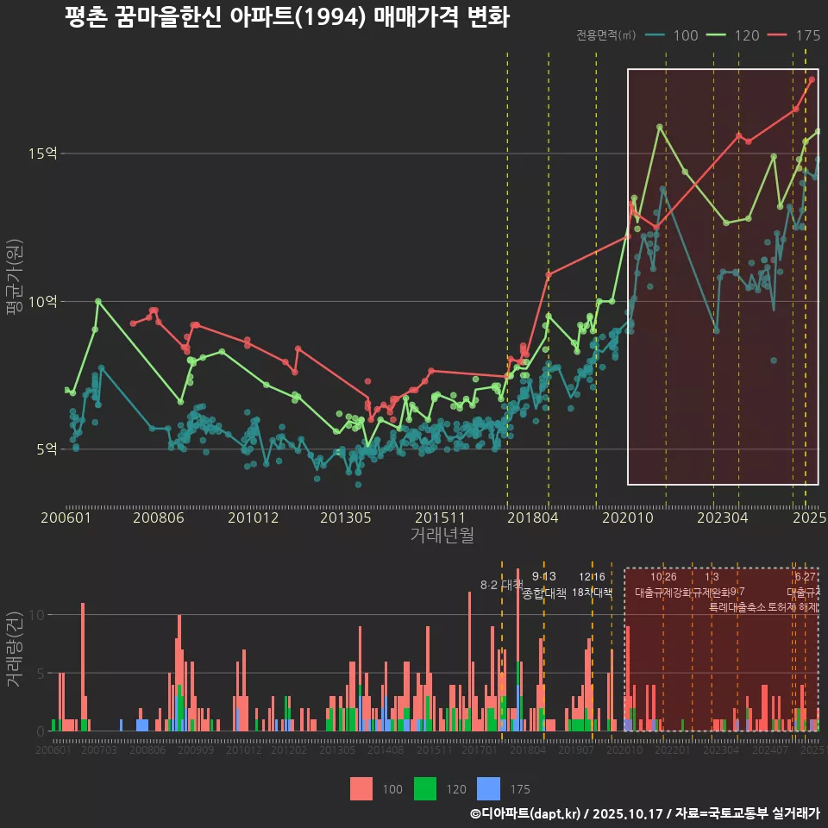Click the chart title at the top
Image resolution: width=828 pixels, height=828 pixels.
click(286, 17)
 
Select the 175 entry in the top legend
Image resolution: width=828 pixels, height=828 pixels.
click(798, 35)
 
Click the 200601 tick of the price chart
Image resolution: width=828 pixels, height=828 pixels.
click(66, 518)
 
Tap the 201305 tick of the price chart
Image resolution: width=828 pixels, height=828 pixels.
click(345, 518)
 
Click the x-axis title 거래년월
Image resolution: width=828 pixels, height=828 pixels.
click(442, 536)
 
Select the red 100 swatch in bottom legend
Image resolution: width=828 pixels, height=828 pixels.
click(362, 788)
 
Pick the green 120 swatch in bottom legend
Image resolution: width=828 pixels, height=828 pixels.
click(426, 788)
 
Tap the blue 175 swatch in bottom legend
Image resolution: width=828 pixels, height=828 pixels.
click(489, 788)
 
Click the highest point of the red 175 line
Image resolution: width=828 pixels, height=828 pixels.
click(812, 79)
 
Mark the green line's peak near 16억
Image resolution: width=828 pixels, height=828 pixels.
click(660, 127)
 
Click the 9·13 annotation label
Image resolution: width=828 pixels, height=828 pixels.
click(544, 577)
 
